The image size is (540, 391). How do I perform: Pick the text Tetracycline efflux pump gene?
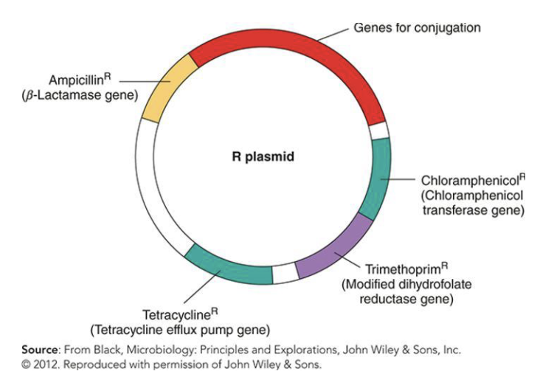[x=179, y=329]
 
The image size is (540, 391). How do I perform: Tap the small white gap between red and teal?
[x=379, y=131]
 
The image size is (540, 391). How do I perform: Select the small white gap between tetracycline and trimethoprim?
[x=285, y=274]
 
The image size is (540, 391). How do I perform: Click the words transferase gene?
[x=466, y=210]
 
